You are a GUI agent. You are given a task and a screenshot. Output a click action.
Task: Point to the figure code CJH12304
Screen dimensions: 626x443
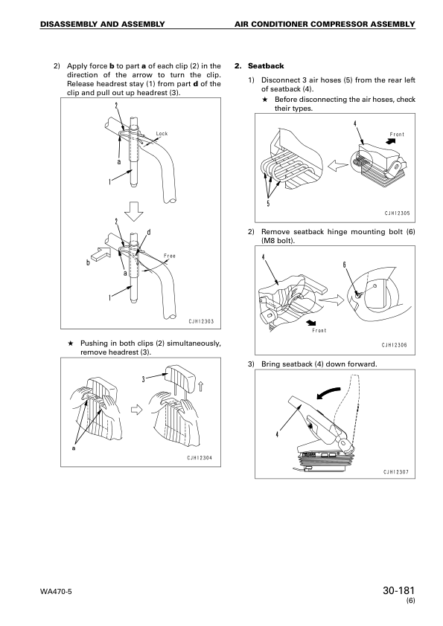point(201,457)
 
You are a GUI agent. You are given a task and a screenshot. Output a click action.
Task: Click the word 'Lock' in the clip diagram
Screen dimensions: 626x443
point(162,134)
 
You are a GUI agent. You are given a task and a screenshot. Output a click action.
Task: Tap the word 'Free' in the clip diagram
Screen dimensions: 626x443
point(169,256)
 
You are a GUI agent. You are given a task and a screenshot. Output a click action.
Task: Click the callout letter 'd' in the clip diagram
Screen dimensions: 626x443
point(149,233)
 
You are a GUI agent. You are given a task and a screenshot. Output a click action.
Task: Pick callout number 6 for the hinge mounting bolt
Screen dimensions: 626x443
point(344,265)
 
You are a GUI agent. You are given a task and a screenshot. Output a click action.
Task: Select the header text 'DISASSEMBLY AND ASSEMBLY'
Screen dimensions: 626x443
point(103,25)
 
